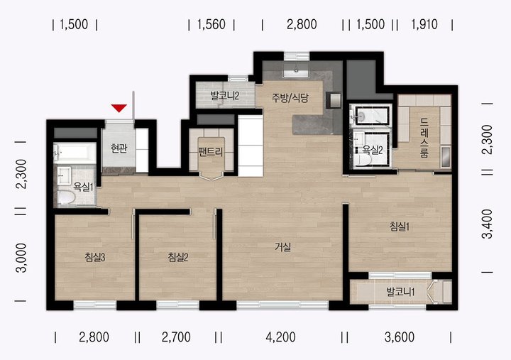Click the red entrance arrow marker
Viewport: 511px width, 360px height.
[119, 108]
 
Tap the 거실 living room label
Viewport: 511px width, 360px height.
[282, 247]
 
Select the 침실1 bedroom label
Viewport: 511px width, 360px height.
[400, 227]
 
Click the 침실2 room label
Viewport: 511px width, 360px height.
[178, 258]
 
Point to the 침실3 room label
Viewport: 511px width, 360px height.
[95, 258]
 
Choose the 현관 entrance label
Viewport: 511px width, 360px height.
[119, 148]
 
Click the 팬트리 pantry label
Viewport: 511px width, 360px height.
[211, 152]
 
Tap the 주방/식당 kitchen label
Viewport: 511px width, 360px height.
[290, 98]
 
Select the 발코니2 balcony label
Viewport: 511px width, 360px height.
[225, 96]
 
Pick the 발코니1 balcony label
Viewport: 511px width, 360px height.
[400, 292]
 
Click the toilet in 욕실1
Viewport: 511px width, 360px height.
[65, 197]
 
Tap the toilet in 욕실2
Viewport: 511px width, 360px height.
[363, 160]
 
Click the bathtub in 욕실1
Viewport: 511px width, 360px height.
[75, 153]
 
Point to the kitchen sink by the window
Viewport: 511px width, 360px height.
[296, 70]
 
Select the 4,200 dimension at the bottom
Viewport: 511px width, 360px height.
[280, 337]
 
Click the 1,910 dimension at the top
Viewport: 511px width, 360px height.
[424, 24]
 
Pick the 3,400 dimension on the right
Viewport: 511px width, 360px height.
[488, 224]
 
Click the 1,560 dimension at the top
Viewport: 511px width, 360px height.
[211, 24]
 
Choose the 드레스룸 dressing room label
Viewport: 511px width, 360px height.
[424, 138]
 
